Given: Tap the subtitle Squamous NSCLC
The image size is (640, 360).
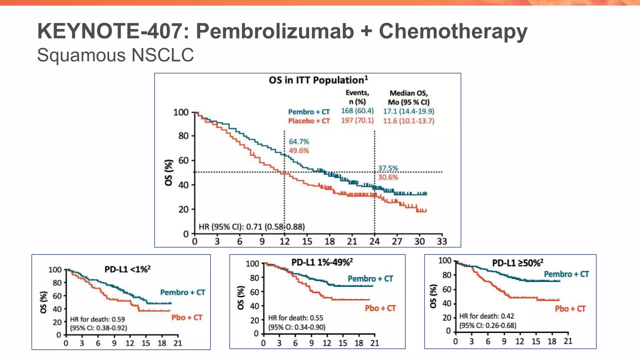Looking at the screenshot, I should click(115, 55).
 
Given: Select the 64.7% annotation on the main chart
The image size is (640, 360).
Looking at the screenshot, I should click(299, 142).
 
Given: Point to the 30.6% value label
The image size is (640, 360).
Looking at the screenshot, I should click(388, 177).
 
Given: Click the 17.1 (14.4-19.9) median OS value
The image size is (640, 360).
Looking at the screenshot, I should click(408, 111).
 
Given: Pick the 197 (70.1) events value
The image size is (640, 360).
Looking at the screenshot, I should click(357, 121).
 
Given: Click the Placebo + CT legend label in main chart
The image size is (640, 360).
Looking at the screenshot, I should click(309, 121).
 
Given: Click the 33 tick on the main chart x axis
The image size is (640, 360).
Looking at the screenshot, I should click(442, 241).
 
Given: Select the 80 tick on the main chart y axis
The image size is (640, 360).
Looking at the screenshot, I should click(183, 136).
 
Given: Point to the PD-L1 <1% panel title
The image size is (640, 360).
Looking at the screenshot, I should click(127, 269).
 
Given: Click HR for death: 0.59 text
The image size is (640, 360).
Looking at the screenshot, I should click(97, 319).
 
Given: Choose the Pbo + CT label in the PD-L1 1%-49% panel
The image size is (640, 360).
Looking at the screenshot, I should click(380, 308).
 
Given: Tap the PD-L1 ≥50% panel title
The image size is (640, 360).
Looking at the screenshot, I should click(517, 263).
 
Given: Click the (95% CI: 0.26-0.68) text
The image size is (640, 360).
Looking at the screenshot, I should click(487, 325).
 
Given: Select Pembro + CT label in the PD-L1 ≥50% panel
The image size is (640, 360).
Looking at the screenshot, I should click(566, 274).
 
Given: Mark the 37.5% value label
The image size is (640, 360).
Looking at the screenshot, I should click(388, 168).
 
